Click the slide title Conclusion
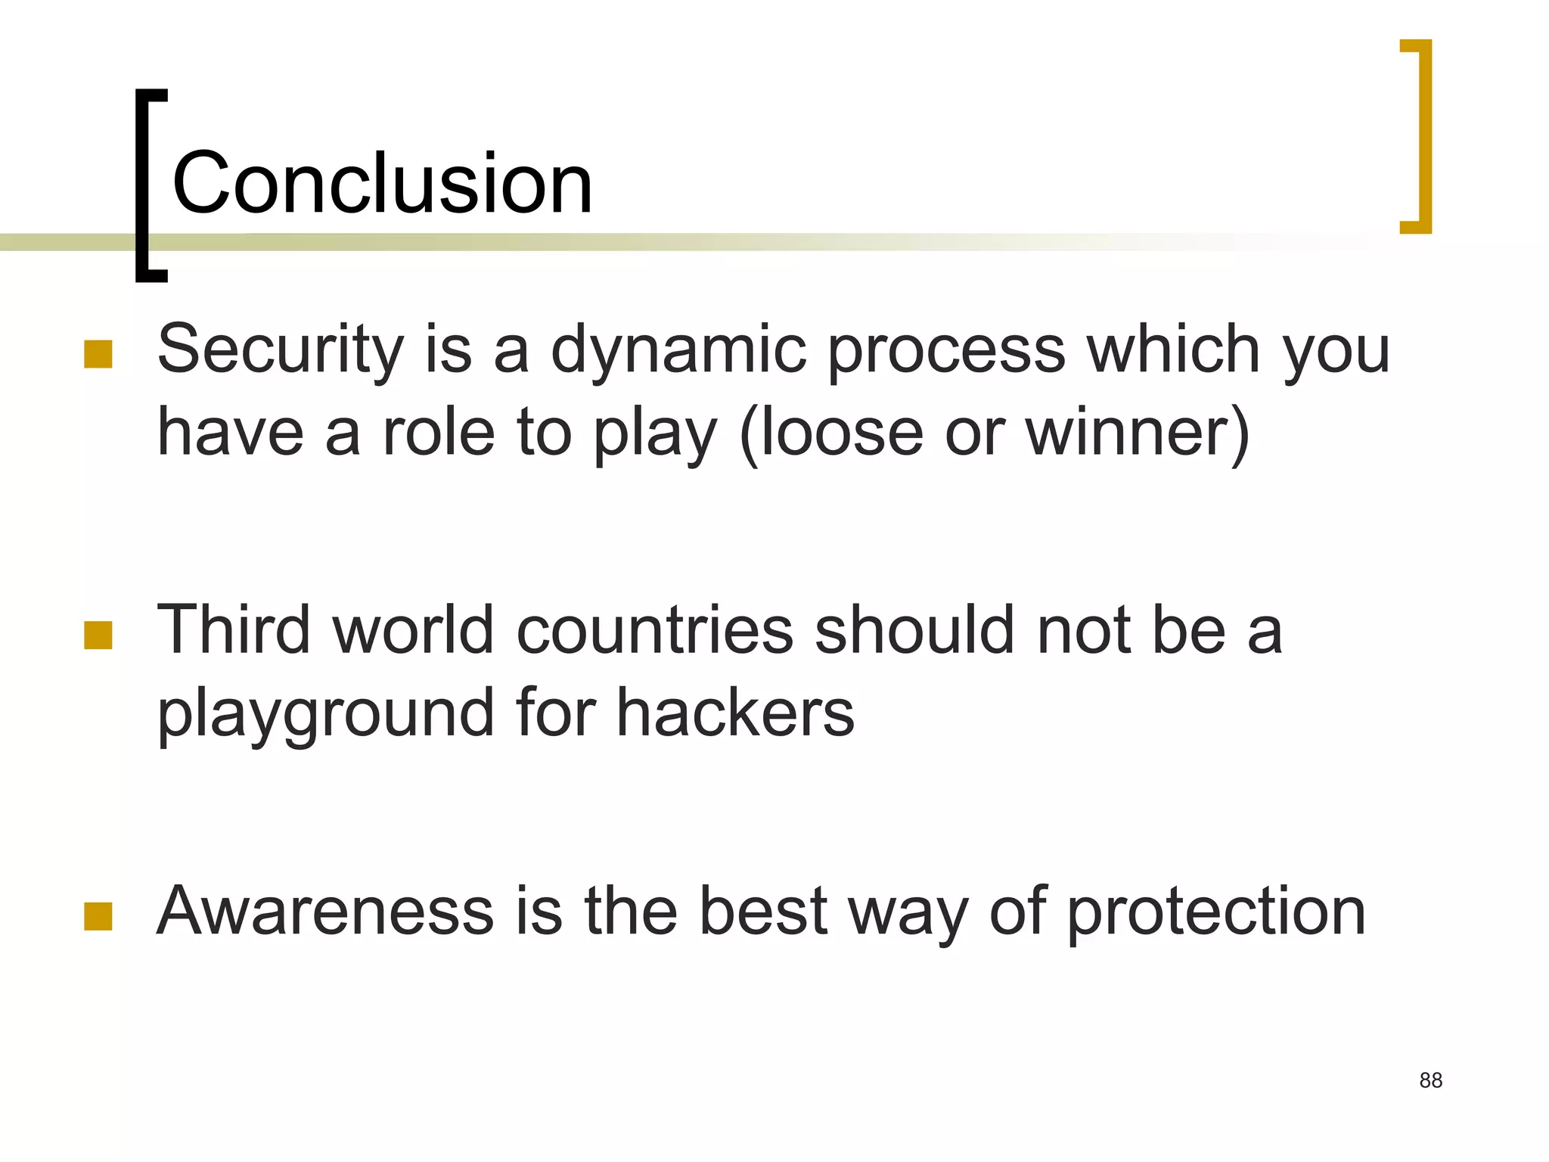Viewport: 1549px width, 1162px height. [382, 183]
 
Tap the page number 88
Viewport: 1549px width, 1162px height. [1430, 1080]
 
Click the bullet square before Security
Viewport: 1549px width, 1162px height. [98, 354]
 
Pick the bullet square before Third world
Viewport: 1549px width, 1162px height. [98, 635]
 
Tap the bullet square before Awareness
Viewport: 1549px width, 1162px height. [98, 916]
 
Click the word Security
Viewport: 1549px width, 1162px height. [281, 350]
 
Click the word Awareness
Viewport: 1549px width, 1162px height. [325, 911]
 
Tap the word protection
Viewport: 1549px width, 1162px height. [1216, 912]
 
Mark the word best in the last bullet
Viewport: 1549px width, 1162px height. [764, 911]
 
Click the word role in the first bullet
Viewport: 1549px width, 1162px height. [439, 433]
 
